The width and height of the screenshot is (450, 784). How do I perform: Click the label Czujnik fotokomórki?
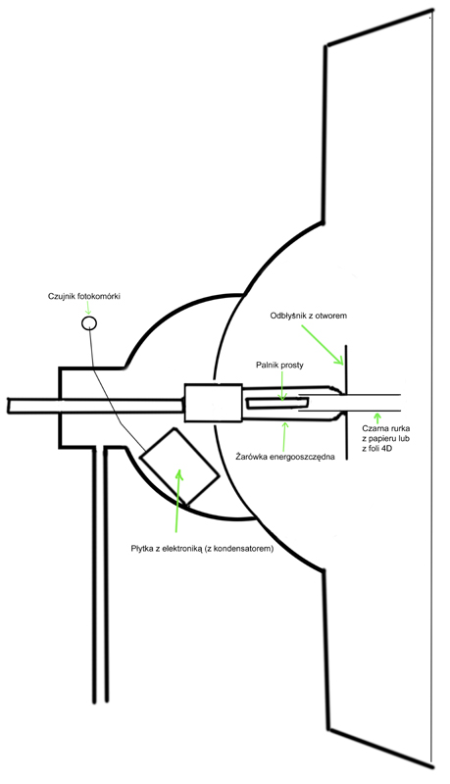click(84, 297)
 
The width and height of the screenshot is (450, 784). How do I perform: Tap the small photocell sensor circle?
click(89, 322)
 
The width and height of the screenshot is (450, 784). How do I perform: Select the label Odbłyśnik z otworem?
click(309, 316)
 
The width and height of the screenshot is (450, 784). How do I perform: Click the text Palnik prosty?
click(280, 365)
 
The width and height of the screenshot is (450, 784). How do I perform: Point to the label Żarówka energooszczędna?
click(284, 457)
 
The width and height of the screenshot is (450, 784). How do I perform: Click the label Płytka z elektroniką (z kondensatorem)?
click(202, 549)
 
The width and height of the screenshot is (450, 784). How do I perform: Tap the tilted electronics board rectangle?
click(179, 466)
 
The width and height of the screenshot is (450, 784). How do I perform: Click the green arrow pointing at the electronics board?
click(177, 500)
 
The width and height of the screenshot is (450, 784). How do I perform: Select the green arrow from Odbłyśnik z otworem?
click(323, 345)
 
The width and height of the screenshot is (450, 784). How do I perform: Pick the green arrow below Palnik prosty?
click(282, 385)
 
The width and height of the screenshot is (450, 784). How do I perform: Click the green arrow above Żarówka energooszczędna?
click(284, 435)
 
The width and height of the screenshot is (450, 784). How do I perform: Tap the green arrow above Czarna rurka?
click(377, 418)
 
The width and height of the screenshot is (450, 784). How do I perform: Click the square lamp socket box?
click(213, 403)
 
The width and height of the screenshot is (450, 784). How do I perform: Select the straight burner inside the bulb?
click(277, 403)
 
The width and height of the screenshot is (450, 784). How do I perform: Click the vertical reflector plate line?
click(346, 402)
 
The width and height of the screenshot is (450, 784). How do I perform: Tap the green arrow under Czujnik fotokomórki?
click(89, 309)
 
